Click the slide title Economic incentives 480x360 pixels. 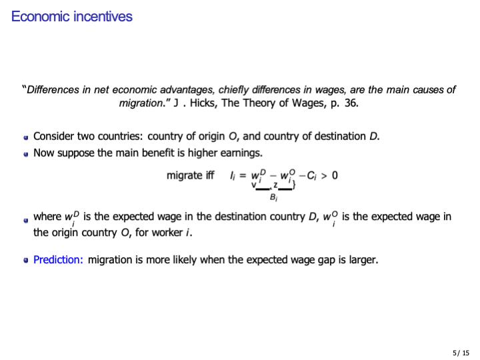(x=72, y=17)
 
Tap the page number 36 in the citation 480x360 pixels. (x=351, y=103)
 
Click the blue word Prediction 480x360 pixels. (x=58, y=259)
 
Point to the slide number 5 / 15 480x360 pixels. (x=461, y=352)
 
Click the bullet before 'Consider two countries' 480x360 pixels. (x=25, y=137)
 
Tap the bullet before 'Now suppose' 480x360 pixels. (x=25, y=154)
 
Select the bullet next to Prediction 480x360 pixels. (x=25, y=261)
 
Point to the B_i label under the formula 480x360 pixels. (x=273, y=197)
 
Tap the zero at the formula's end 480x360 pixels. (x=334, y=175)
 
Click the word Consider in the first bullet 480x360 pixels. (x=54, y=137)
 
